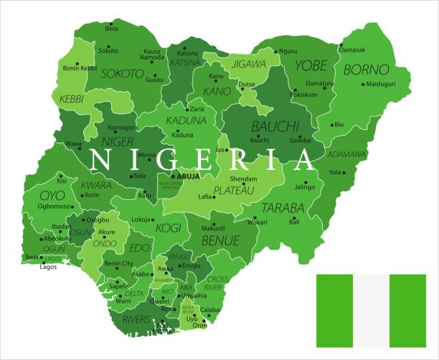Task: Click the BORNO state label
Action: click(x=366, y=70)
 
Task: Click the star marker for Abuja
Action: click(x=172, y=176)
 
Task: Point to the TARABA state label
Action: click(x=282, y=208)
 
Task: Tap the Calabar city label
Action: click(x=211, y=311)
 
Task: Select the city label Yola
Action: click(x=335, y=172)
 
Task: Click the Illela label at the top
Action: click(x=111, y=29)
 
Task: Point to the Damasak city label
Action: click(x=351, y=49)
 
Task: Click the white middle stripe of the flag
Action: click(x=371, y=309)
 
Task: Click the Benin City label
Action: click(x=119, y=264)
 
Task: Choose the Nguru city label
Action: click(x=288, y=51)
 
